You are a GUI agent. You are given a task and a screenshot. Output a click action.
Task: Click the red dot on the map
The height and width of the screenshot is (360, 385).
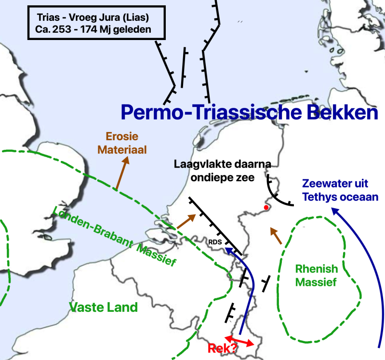tap(266, 208)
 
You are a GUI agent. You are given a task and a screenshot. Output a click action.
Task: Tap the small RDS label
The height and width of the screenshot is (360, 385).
tap(214, 242)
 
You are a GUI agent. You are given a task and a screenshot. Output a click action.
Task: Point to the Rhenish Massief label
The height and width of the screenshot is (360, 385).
tap(316, 275)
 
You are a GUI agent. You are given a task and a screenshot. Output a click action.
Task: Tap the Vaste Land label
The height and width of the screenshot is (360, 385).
tap(104, 307)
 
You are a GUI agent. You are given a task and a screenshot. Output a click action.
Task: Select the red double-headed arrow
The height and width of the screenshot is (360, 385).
tap(239, 340)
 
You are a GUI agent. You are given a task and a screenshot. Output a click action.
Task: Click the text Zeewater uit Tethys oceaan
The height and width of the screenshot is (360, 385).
tap(340, 190)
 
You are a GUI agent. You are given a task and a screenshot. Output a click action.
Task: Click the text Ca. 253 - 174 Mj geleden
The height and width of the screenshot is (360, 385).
tap(93, 29)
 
